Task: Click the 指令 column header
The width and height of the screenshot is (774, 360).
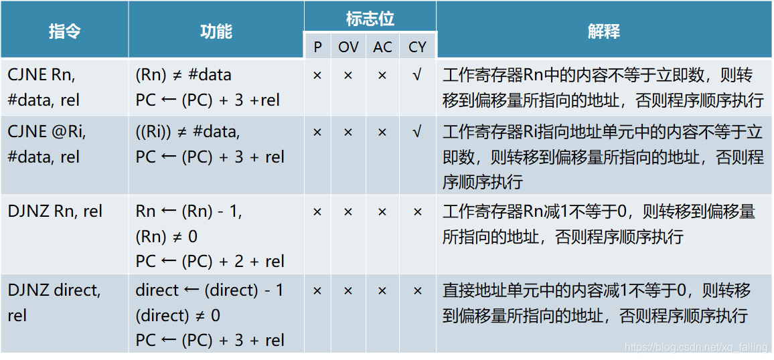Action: [x=64, y=31]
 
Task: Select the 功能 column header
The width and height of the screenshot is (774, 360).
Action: [x=216, y=31]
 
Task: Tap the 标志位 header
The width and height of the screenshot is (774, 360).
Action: [x=370, y=18]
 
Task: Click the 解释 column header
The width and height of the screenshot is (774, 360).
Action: [x=603, y=31]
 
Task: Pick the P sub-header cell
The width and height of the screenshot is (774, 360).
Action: [x=317, y=47]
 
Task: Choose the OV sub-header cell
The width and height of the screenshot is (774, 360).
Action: [x=348, y=47]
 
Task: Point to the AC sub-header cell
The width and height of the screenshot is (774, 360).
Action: [x=382, y=47]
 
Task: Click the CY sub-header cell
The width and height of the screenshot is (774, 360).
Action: [x=417, y=47]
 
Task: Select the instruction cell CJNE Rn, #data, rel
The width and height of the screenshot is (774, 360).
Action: [x=44, y=88]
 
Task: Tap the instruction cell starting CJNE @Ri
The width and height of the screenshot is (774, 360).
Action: [x=47, y=145]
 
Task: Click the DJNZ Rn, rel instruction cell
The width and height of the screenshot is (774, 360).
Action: [x=55, y=211]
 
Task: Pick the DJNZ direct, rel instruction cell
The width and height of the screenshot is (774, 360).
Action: [x=54, y=302]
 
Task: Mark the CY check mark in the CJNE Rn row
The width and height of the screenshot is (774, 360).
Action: [x=417, y=75]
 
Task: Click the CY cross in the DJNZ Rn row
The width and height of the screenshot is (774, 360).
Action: [x=417, y=211]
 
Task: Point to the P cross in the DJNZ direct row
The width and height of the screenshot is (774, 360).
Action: [x=317, y=290]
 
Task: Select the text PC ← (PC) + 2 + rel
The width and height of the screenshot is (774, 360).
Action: [x=210, y=262]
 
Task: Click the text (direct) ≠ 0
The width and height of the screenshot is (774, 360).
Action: [x=177, y=316]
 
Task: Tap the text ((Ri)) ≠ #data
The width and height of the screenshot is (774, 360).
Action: [x=187, y=132]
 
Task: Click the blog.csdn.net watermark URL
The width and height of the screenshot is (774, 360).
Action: [x=696, y=347]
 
